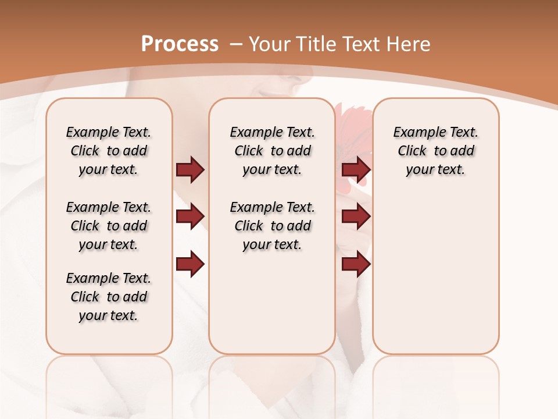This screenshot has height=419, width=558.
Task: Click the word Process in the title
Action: (x=180, y=44)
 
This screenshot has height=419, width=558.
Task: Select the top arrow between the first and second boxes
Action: (x=190, y=169)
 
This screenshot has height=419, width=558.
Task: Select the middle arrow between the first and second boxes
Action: (x=190, y=216)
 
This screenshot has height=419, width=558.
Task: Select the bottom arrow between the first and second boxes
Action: (x=190, y=264)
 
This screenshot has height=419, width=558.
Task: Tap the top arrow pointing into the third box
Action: (x=356, y=169)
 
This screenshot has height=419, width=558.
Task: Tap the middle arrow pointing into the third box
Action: (x=356, y=216)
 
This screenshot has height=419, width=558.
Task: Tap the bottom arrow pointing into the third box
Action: (x=356, y=264)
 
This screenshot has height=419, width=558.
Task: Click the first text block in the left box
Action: (x=109, y=151)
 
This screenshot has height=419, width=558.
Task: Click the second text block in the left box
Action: (x=109, y=226)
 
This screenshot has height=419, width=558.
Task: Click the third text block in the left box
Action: (x=109, y=297)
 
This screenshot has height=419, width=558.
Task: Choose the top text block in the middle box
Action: (x=273, y=151)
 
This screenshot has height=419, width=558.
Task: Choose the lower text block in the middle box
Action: (x=273, y=226)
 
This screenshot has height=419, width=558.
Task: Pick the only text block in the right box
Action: (x=436, y=151)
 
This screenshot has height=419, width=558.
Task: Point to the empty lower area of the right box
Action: (x=436, y=279)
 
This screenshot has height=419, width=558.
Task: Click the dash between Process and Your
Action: (x=237, y=44)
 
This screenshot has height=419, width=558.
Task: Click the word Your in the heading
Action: (x=271, y=44)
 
